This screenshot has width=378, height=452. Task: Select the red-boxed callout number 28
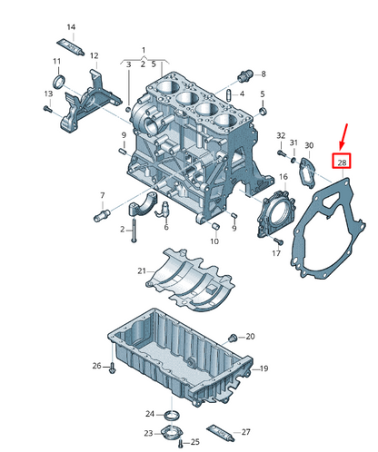(x=342, y=162)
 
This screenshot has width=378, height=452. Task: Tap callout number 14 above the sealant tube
(x=72, y=27)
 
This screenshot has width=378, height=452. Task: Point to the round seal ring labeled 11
(x=57, y=84)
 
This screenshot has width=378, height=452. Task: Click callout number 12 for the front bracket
(x=94, y=56)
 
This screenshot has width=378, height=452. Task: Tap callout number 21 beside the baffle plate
(x=142, y=271)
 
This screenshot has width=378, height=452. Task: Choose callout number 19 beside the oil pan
(x=264, y=368)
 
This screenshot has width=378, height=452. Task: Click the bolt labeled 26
(x=112, y=367)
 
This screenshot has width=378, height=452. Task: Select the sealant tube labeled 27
(x=219, y=430)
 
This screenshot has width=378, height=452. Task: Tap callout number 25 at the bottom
(x=194, y=441)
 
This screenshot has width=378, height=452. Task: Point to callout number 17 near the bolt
(x=277, y=253)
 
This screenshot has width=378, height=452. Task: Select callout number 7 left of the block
(x=102, y=196)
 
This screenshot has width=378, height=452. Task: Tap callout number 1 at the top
(x=143, y=47)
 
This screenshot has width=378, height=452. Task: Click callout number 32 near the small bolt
(x=281, y=135)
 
